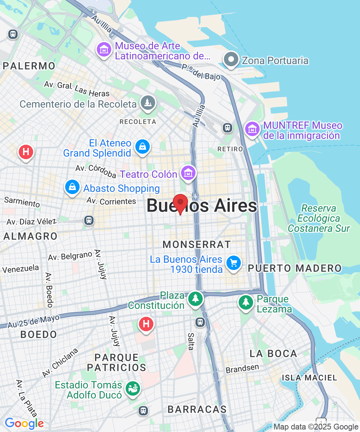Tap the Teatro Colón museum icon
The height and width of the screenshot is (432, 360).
point(188,173)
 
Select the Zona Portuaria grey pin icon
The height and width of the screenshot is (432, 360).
point(231,59)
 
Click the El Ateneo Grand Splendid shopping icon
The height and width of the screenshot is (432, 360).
point(143,147)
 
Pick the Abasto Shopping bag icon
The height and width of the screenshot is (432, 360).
point(72,187)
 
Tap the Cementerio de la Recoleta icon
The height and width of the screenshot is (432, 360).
point(148,103)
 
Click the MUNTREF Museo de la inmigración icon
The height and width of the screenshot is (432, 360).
point(252,129)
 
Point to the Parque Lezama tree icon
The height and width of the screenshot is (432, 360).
point(246,302)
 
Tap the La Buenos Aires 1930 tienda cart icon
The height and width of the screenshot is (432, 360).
point(234,264)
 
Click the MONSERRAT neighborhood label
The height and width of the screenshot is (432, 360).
point(197,244)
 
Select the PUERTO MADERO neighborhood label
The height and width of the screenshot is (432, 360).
point(294,268)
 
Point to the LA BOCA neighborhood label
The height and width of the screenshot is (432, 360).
point(273,354)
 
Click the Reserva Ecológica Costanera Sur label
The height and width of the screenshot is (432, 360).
point(319,219)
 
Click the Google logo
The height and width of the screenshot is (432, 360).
point(24,423)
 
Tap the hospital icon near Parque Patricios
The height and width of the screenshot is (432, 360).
point(146,324)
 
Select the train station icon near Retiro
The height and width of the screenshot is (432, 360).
point(228,127)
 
